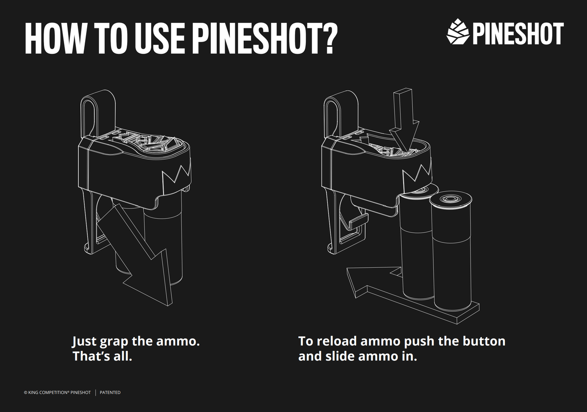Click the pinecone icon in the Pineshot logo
(x=458, y=32)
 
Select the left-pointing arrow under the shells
(x=372, y=281)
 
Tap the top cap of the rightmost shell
(x=451, y=200)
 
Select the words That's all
(x=102, y=356)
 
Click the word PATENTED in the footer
(x=110, y=392)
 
